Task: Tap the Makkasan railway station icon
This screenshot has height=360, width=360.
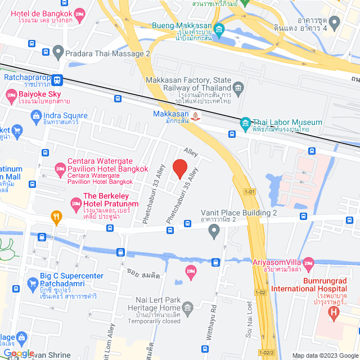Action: pyautogui.click(x=195, y=117)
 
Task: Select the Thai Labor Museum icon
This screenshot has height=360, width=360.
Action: pyautogui.click(x=245, y=123)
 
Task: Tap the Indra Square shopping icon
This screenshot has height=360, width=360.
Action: pyautogui.click(x=35, y=116)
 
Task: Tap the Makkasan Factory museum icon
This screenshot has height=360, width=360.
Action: pyautogui.click(x=238, y=88)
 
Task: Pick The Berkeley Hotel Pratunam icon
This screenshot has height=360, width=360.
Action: pyautogui.click(x=75, y=202)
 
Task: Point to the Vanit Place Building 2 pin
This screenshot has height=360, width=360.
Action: pyautogui.click(x=214, y=230)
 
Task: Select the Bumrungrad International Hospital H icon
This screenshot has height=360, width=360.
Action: pyautogui.click(x=335, y=311)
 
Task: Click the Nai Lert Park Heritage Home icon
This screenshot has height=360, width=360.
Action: pyautogui.click(x=188, y=307)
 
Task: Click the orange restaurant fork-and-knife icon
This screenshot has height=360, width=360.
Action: pyautogui.click(x=56, y=216)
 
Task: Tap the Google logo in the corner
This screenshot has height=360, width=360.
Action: pyautogui.click(x=19, y=353)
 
